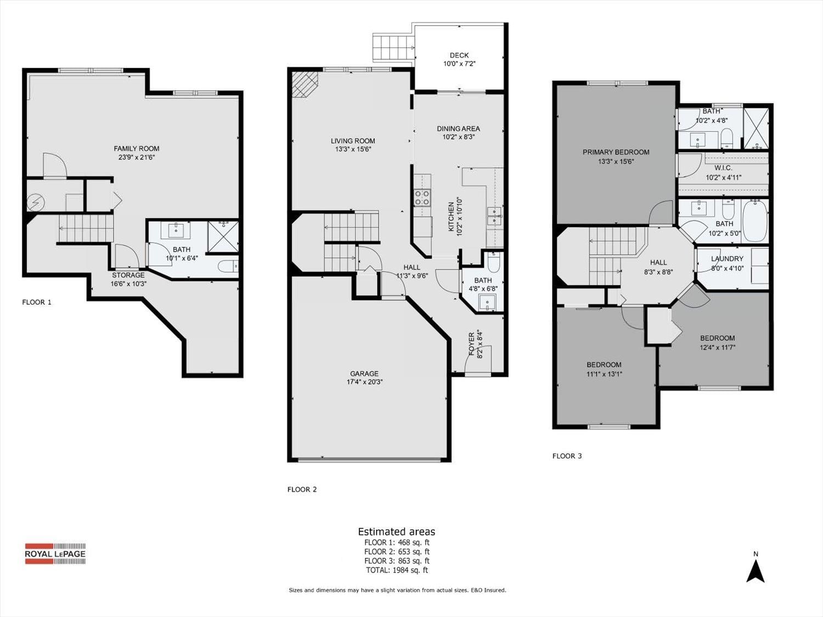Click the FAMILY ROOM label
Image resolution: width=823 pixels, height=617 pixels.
pos(137,149)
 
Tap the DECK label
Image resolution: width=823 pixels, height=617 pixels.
pos(459,55)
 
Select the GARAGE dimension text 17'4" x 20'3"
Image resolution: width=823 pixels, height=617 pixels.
pos(364,382)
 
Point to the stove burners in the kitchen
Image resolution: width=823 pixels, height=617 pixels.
pos(422,197)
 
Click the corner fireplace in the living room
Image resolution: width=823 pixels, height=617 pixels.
pos(305,84)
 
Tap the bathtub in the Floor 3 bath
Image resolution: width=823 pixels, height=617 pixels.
pos(755,220)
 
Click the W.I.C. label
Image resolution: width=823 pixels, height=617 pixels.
pos(723,168)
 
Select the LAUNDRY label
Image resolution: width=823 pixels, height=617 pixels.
pos(727,258)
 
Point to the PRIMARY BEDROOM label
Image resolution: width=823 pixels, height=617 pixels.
pos(616,152)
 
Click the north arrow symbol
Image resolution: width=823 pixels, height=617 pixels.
pos(756,571)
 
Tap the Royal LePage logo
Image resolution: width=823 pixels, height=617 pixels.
pos(55,554)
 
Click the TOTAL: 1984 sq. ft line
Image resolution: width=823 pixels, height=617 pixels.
pos(397,570)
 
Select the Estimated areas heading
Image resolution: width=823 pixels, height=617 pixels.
pos(397,531)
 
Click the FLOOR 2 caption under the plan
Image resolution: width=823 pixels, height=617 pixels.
pos(302,489)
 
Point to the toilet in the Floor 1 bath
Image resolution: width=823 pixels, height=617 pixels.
pos(228,266)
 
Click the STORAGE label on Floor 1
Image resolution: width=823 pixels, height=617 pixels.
pos(128,275)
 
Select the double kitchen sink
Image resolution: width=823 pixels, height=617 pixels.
pos(494,217)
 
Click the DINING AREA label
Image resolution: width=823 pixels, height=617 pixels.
pos(458,129)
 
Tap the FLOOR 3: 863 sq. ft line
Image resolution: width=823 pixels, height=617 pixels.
pos(397,561)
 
